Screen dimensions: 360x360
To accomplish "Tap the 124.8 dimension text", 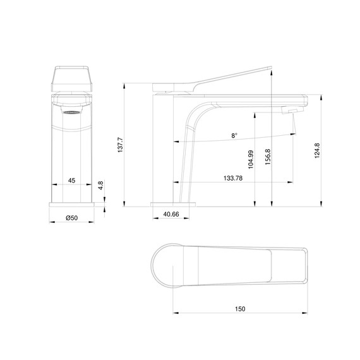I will point(316,153).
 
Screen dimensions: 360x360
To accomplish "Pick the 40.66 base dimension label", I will point(171,215).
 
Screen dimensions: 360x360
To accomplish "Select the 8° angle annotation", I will point(234,136).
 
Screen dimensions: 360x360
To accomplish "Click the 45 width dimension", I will point(71,181).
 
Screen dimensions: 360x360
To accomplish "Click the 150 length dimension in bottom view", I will point(240,309).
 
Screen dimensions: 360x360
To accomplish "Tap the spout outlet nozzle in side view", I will point(292,112).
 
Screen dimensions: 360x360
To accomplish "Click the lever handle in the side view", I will point(227,80).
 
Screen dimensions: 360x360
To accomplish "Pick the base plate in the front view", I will point(71,206).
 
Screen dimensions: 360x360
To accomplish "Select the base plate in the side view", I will point(174,205).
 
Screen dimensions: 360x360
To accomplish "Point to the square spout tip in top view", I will point(302,266).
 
